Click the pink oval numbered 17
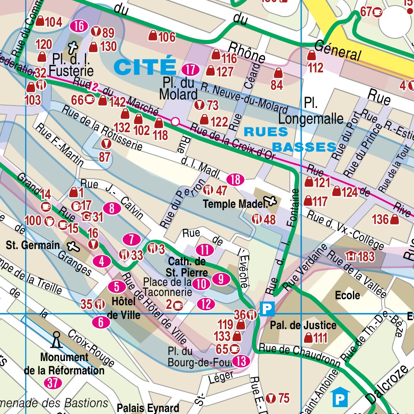[190, 70]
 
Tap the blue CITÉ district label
[145, 67]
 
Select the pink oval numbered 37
[53, 383]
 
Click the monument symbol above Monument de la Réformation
[56, 340]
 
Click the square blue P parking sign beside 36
[266, 309]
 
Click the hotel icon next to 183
[350, 256]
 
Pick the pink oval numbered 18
[236, 179]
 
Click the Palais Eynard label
[148, 408]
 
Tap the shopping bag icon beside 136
[395, 220]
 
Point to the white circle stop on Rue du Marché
[175, 121]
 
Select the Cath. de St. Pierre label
[188, 267]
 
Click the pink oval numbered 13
[242, 361]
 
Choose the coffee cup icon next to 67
[378, 12]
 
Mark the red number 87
[104, 157]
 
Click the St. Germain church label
[33, 245]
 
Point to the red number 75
[284, 398]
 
